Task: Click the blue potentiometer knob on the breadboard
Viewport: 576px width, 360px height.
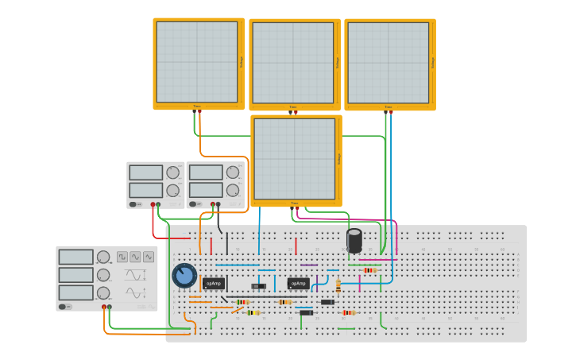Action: (184, 276)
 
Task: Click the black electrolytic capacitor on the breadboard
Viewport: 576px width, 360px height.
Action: (354, 240)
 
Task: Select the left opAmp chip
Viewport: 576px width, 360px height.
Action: (214, 283)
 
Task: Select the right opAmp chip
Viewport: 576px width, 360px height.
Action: (298, 283)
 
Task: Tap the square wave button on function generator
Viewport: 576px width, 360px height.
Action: (122, 257)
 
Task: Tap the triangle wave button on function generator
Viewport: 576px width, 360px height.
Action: (149, 257)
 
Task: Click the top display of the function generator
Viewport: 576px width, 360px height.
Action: (76, 257)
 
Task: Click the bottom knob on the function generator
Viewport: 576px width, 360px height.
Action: (103, 293)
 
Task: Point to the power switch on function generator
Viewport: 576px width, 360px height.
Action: (63, 306)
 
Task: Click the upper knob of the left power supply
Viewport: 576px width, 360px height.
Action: (172, 172)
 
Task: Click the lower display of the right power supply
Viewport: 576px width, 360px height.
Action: (206, 190)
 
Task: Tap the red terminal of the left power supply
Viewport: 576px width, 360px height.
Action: (153, 204)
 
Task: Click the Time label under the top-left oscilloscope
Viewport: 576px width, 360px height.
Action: (197, 106)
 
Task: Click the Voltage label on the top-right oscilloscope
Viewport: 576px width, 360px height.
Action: (433, 63)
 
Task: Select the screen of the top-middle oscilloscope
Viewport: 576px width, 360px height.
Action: (293, 63)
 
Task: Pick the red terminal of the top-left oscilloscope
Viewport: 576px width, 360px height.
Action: (199, 111)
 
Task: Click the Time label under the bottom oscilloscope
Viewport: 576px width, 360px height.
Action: (294, 203)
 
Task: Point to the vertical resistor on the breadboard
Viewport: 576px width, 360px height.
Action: (338, 285)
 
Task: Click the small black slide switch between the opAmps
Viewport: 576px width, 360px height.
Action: (258, 286)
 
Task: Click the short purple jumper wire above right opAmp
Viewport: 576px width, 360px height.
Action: (309, 265)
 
